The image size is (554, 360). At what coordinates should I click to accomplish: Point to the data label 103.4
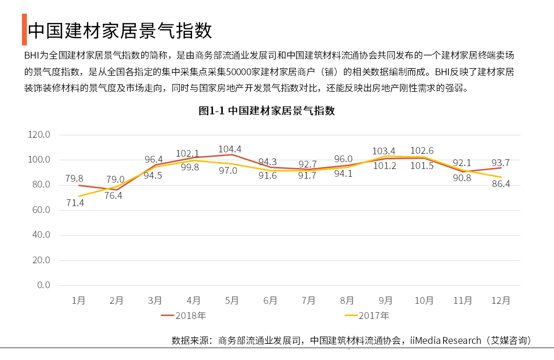pyautogui.click(x=384, y=150)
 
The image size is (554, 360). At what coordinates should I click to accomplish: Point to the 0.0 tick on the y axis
pyautogui.click(x=44, y=285)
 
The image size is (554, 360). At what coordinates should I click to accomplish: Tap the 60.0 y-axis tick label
pyautogui.click(x=41, y=210)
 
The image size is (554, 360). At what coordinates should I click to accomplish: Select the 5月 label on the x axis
pyautogui.click(x=232, y=300)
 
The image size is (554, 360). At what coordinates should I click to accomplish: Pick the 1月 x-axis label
pyautogui.click(x=78, y=300)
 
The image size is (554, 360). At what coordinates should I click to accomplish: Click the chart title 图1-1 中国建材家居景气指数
pyautogui.click(x=267, y=110)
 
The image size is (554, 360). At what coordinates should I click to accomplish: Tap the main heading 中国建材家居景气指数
pyautogui.click(x=120, y=30)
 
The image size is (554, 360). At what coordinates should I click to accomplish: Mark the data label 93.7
pyautogui.click(x=500, y=163)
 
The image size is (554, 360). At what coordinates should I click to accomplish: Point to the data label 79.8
pyautogui.click(x=74, y=178)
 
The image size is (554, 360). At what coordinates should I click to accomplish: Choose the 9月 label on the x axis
pyautogui.click(x=385, y=300)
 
